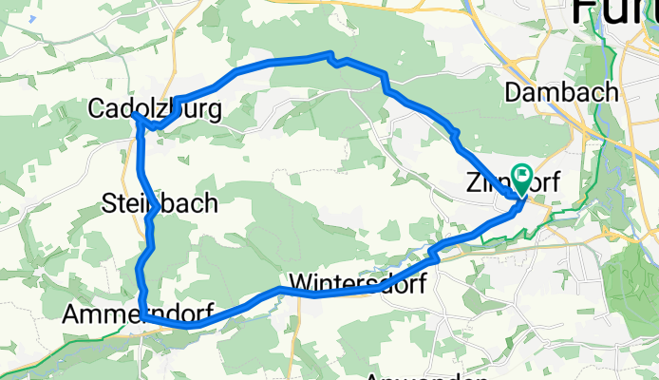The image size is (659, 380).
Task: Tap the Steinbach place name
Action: point(160,202)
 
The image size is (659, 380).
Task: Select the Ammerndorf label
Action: point(137,314)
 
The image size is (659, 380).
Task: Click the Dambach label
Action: point(562,92)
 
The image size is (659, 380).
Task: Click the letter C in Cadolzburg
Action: point(95,109)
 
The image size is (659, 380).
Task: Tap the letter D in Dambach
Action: point(514,92)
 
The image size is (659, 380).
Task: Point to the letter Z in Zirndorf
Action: point(474,182)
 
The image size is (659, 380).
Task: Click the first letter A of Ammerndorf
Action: point(71,314)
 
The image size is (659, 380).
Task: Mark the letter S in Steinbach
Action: point(107,202)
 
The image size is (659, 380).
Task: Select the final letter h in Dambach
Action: point(612,92)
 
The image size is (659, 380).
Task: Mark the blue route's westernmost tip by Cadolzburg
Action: point(135,114)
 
